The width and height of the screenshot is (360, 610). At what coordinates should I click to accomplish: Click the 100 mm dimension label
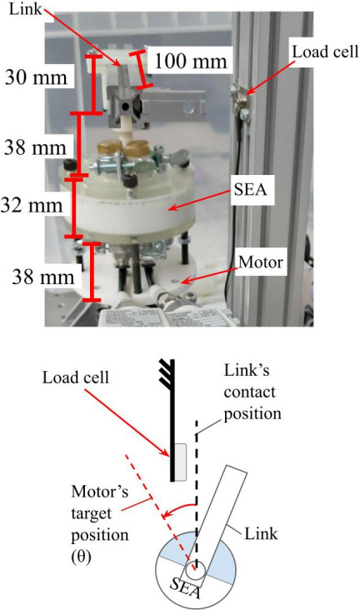point(191,61)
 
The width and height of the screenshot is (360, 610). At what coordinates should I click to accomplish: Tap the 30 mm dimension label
point(36,77)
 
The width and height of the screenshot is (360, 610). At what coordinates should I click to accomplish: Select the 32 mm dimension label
point(32,205)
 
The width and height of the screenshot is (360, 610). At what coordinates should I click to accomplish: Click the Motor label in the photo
point(260,262)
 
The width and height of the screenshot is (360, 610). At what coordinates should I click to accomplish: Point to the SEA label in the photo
point(250,189)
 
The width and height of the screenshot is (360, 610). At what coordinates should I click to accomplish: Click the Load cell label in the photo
point(325,52)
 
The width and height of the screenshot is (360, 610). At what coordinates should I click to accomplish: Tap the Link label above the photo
point(25,8)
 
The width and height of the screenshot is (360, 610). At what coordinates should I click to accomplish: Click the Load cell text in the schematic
point(76,377)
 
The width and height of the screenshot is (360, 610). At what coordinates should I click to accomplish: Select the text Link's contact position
point(252,392)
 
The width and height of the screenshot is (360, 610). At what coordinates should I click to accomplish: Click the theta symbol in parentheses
point(81,557)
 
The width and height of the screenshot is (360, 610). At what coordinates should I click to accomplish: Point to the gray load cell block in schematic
point(180,462)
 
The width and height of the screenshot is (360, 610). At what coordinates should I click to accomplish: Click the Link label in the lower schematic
point(261,533)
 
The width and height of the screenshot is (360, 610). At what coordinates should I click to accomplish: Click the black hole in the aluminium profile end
point(125,106)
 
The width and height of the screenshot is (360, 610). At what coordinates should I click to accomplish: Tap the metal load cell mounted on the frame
point(239,100)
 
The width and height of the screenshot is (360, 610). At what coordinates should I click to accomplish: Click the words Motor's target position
point(100,513)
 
